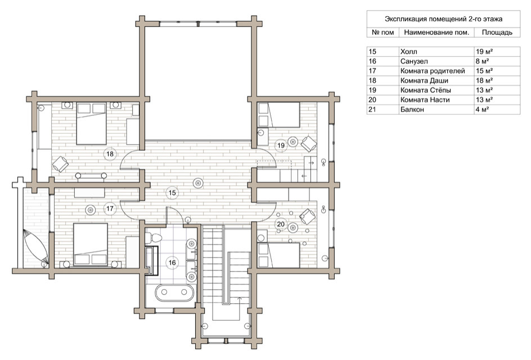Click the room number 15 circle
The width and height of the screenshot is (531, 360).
click(172, 193)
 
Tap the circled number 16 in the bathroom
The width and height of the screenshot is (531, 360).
click(172, 263)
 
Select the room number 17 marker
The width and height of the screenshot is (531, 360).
click(110, 209)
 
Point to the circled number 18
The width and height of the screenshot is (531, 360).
click(110, 154)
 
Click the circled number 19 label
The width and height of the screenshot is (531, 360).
click(281, 146)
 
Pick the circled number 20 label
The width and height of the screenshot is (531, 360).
click(281, 224)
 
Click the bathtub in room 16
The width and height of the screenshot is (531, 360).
click(174, 292)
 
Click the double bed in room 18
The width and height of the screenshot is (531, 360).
click(92, 124)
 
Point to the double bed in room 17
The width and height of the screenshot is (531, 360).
click(91, 245)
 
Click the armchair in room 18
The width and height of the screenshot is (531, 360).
click(60, 164)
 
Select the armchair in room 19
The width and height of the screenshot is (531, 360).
click(309, 143)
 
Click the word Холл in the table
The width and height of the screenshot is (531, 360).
click(409, 52)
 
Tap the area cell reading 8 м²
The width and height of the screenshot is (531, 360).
click(482, 61)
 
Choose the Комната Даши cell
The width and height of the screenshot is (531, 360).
click(424, 80)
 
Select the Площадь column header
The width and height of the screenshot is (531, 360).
click(497, 33)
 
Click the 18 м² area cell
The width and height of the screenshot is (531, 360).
click(484, 80)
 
